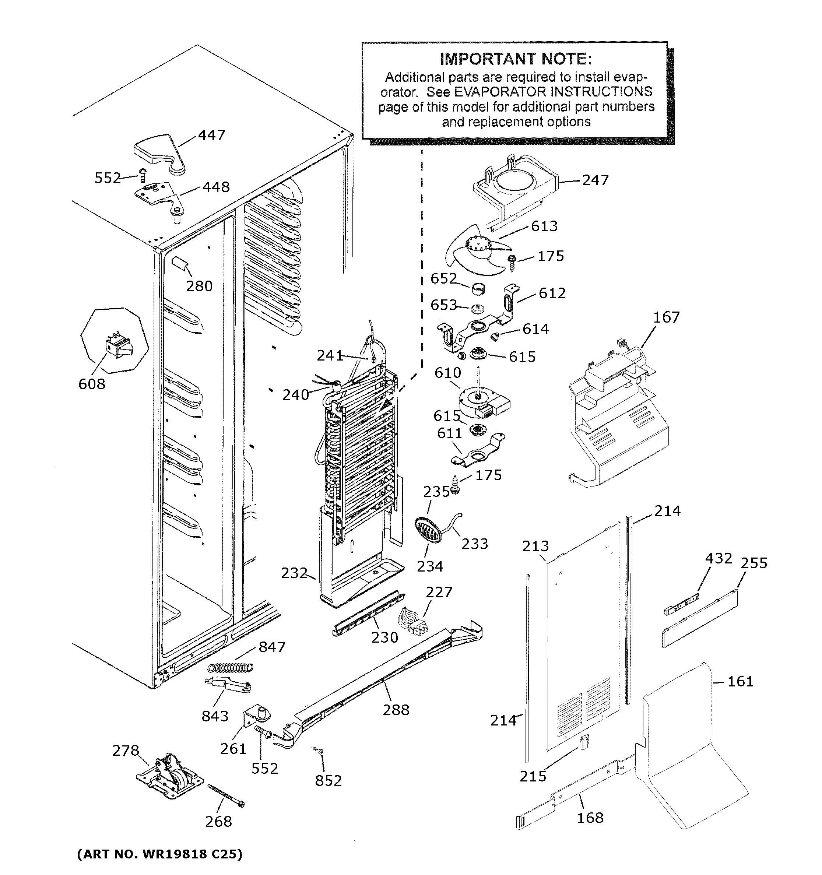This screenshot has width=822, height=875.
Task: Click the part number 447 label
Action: [x=211, y=135]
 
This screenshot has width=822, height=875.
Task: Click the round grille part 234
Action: [x=427, y=530]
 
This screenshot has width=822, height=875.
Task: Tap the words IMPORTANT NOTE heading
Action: [x=516, y=59]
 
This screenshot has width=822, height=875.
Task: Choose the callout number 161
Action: [x=740, y=681]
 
